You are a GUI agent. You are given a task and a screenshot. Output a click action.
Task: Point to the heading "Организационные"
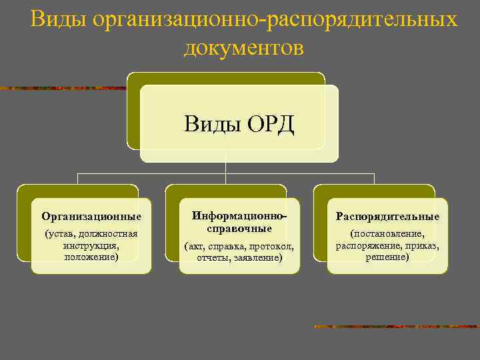click(x=91, y=217)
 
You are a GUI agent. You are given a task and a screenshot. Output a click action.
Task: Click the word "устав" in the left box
click(x=61, y=234)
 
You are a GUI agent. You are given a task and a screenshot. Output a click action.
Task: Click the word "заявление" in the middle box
click(x=257, y=257)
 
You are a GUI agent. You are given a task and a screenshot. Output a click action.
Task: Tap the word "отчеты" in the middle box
click(x=212, y=257)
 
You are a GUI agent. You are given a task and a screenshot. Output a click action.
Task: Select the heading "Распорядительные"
click(x=387, y=217)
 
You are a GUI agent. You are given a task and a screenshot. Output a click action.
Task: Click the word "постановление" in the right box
click(x=388, y=234)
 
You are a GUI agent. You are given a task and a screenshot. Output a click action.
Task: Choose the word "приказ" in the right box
click(x=421, y=245)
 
